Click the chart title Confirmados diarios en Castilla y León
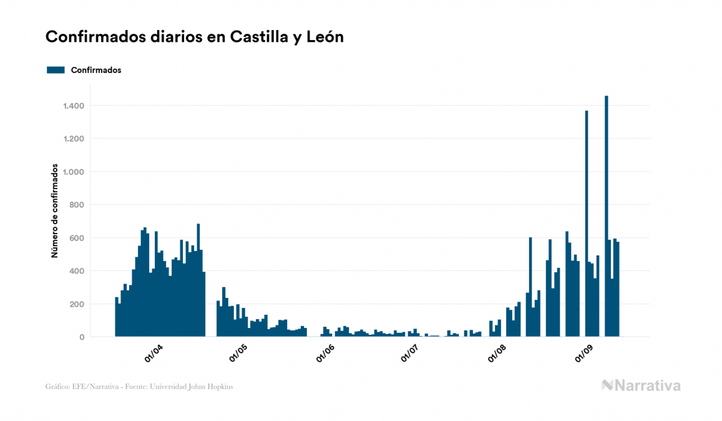tap(194, 37)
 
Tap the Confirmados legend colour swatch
tap(56, 70)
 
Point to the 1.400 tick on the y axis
tap(74, 106)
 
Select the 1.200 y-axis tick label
tap(74, 139)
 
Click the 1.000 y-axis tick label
tap(74, 172)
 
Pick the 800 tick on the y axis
tap(77, 205)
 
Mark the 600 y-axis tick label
tap(77, 238)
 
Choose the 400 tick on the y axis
tap(77, 271)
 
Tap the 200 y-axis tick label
tap(77, 304)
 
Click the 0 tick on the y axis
tap(82, 337)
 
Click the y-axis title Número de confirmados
tap(55, 211)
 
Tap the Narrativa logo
tap(641, 385)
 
